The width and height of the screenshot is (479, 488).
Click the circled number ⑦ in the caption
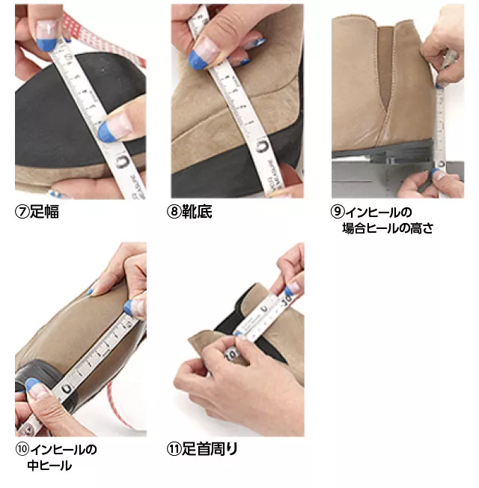pyautogui.click(x=22, y=212)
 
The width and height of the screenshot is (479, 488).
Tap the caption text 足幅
pyautogui.click(x=43, y=212)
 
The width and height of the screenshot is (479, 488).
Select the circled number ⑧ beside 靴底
pyautogui.click(x=174, y=212)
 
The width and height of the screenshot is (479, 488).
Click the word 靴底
pyautogui.click(x=197, y=212)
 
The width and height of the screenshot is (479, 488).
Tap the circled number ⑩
pyautogui.click(x=22, y=450)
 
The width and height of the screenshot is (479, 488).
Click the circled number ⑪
pyautogui.click(x=174, y=450)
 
